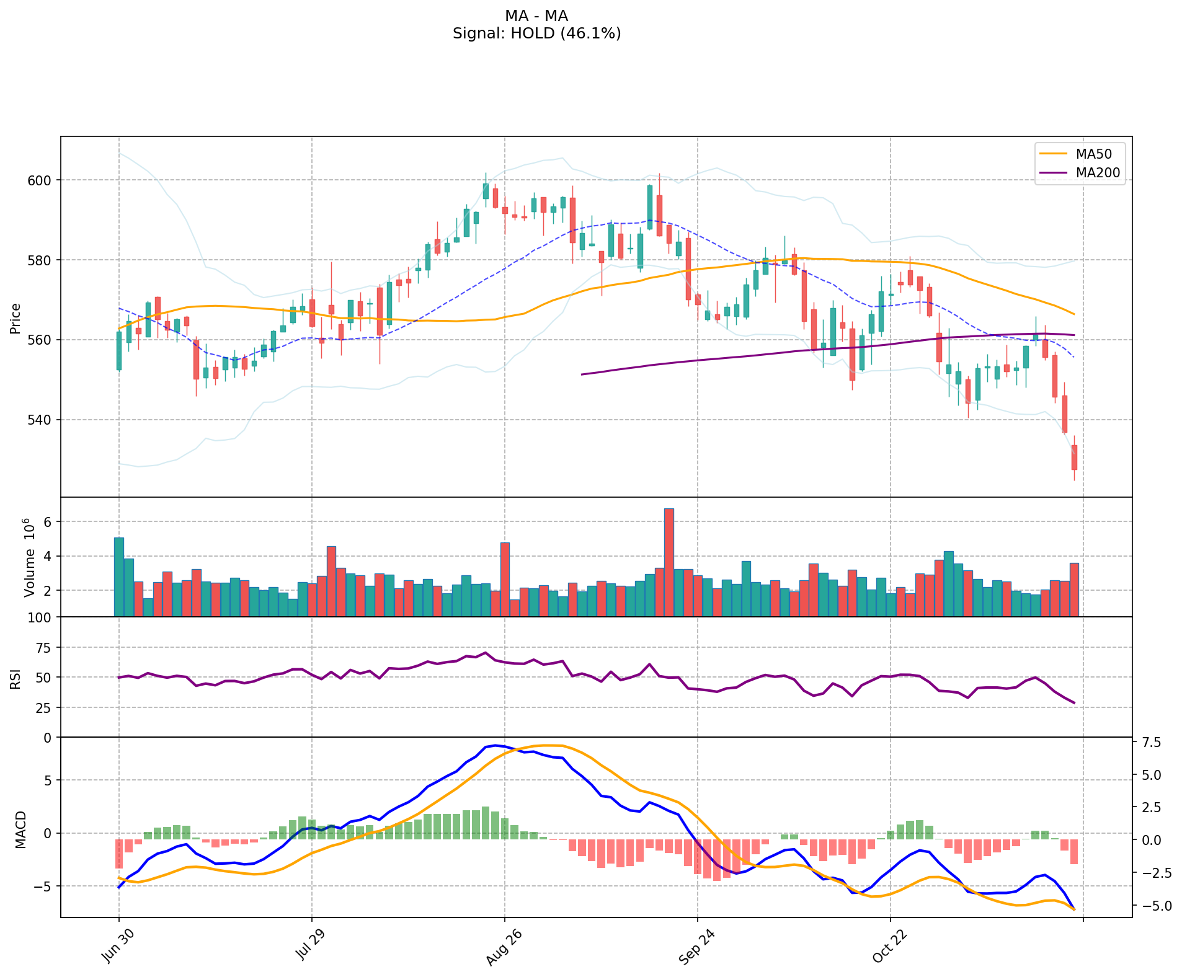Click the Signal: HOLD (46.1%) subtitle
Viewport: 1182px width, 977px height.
pos(536,33)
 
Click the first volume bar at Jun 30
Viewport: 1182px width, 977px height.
pos(119,577)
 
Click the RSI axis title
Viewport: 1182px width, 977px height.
pos(16,678)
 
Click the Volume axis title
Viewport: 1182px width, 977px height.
pos(29,558)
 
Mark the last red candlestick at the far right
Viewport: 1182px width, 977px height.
pos(1074,457)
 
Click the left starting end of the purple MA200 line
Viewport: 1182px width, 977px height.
pos(582,374)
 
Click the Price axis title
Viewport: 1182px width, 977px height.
pos(16,318)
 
